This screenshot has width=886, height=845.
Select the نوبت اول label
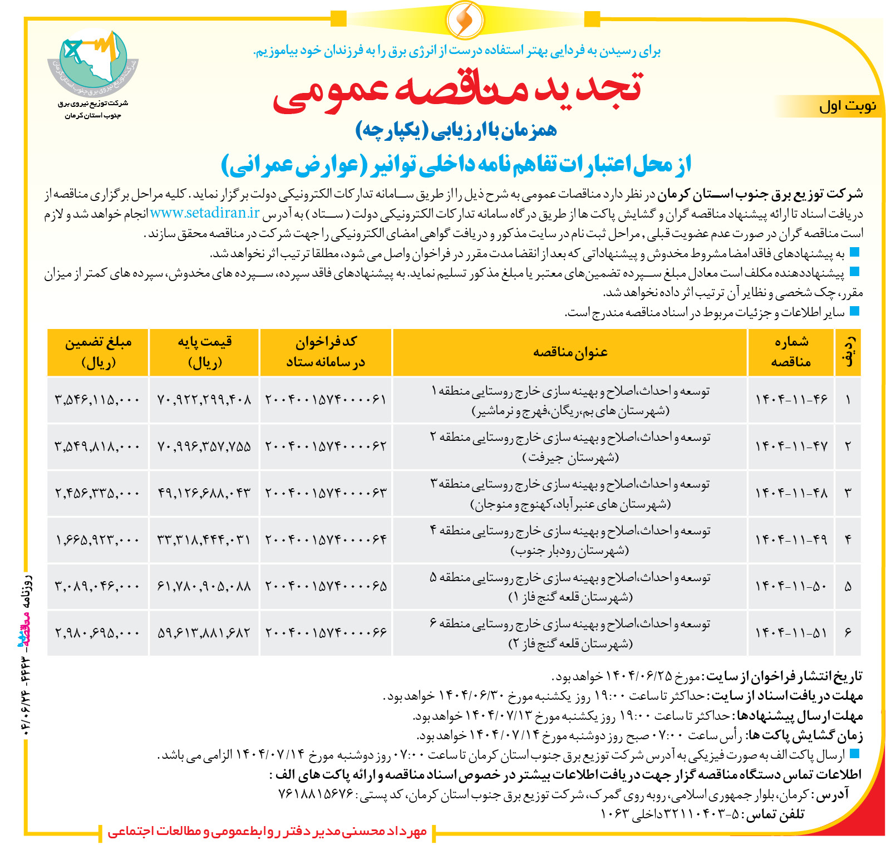pyautogui.click(x=847, y=106)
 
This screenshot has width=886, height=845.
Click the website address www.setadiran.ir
pyautogui.click(x=205, y=213)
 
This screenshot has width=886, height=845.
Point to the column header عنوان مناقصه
pyautogui.click(x=570, y=352)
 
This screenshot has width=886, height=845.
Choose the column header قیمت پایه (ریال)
pyautogui.click(x=204, y=352)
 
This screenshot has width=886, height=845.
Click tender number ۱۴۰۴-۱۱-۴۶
pyautogui.click(x=791, y=399)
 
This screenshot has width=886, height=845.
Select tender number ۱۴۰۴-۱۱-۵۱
pyautogui.click(x=791, y=632)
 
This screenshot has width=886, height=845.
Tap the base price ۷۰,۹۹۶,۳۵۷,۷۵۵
pyautogui.click(x=204, y=446)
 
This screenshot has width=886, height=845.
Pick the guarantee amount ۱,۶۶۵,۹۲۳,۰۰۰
pyautogui.click(x=97, y=539)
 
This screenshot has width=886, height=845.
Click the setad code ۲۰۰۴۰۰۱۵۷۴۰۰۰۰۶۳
pyautogui.click(x=326, y=493)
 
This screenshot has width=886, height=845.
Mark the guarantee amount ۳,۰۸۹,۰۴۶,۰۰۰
pyautogui.click(x=97, y=586)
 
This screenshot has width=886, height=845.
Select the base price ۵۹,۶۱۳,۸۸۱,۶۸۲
pyautogui.click(x=204, y=632)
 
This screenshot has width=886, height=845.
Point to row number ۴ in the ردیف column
pyautogui.click(x=848, y=539)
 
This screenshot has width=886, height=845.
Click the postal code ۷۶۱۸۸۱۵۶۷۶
pyautogui.click(x=316, y=794)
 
